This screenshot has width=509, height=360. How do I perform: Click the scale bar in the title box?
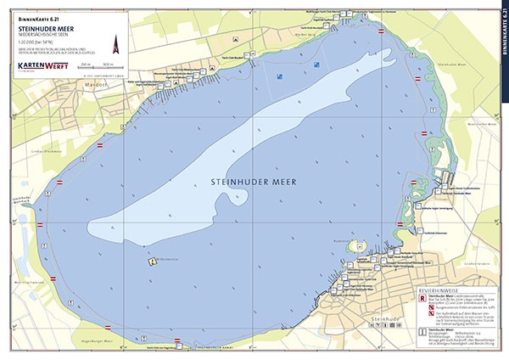click(101, 66)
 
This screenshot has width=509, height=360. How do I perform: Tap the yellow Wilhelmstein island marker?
click(153, 262)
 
